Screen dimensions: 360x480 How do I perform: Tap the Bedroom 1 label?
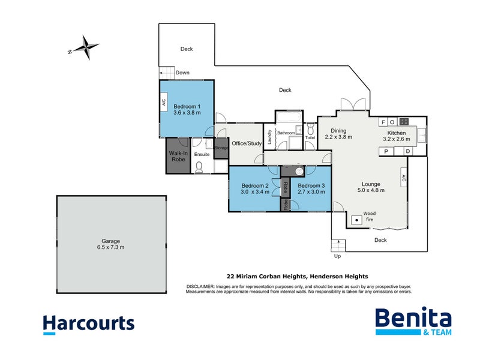tap(187, 106)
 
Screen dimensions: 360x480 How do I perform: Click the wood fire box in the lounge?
tap(356, 220)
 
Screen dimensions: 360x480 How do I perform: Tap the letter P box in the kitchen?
tap(386, 151)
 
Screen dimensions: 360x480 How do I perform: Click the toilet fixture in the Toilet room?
tap(310, 130)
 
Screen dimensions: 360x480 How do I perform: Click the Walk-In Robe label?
tap(179, 157)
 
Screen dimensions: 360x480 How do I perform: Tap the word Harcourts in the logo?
tap(89, 324)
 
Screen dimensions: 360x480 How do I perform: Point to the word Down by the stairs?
tap(183, 73)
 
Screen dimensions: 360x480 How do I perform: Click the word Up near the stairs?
tap(337, 256)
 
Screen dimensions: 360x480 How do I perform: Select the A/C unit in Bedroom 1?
tap(163, 103)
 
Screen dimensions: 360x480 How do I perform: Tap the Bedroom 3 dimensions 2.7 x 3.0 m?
tap(311, 193)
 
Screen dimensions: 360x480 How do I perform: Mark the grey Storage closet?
tap(221, 148)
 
